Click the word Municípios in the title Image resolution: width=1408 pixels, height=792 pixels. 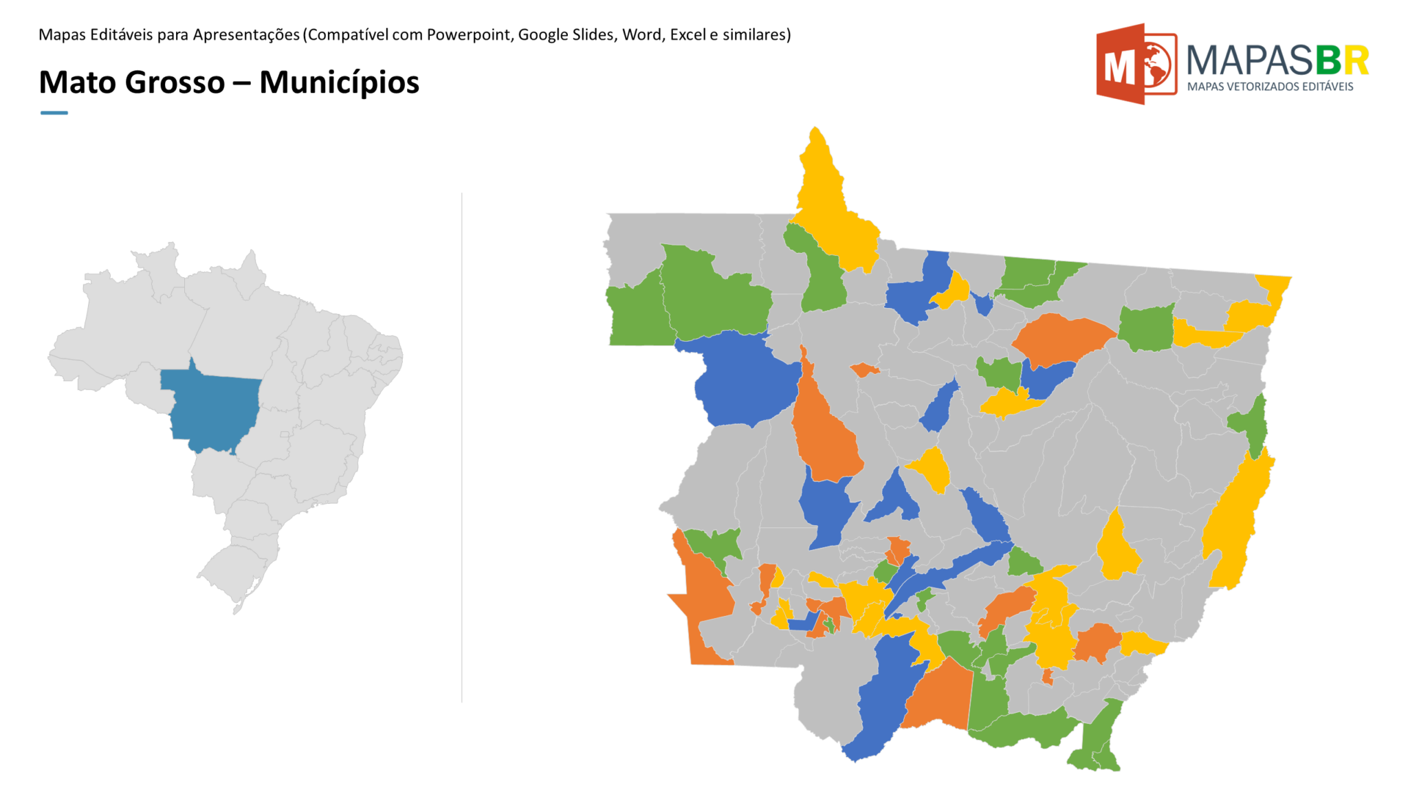tap(339, 82)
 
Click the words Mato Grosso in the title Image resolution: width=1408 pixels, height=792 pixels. tap(131, 82)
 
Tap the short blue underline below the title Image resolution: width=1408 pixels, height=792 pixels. tap(54, 113)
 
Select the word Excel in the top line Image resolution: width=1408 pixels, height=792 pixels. tap(688, 34)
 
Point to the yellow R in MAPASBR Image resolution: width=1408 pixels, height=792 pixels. tap(1356, 60)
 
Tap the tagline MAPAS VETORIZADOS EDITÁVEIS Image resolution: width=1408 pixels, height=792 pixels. tap(1270, 87)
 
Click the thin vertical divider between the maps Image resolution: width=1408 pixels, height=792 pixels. tap(462, 447)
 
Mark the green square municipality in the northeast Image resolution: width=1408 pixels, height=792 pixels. tap(1146, 329)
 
